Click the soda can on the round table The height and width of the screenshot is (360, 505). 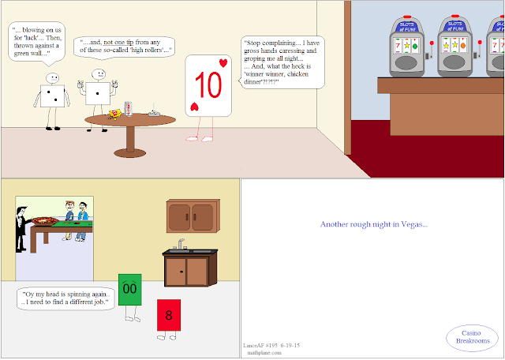(128, 109)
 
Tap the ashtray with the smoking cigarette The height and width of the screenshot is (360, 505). (155, 112)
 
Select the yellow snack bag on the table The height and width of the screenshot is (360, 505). (115, 114)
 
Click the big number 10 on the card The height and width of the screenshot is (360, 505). (208, 84)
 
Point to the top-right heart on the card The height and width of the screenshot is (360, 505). (223, 63)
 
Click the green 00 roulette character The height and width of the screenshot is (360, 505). (129, 290)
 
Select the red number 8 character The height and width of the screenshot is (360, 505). (169, 315)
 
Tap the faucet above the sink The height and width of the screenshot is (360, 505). (181, 244)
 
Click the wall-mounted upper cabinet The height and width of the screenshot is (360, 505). (193, 216)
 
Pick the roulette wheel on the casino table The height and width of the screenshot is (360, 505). (45, 221)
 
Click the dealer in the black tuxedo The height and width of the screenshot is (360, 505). (21, 229)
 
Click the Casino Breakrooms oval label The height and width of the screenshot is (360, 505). (472, 337)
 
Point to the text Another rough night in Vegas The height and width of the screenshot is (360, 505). (374, 224)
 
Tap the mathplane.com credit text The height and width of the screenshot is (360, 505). (264, 353)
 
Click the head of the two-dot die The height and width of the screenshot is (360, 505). (52, 78)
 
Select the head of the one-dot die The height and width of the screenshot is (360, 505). (98, 74)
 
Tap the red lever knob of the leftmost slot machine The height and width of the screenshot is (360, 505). (432, 43)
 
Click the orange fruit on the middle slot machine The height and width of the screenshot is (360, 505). (463, 46)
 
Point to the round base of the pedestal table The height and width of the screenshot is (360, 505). (130, 153)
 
